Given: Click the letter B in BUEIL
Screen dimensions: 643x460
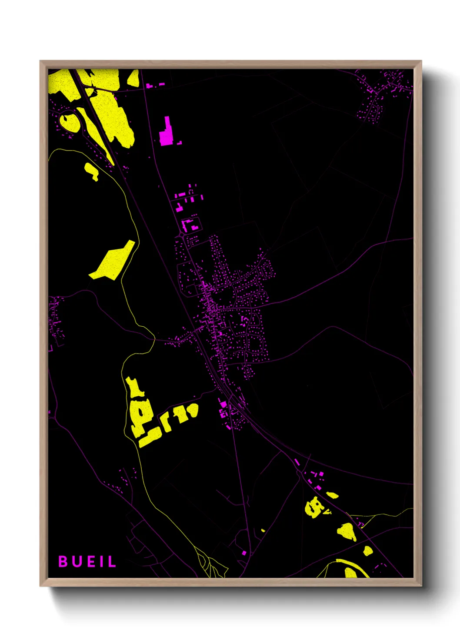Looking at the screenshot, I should (x=63, y=561).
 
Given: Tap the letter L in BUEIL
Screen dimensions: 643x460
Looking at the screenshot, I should (x=112, y=561).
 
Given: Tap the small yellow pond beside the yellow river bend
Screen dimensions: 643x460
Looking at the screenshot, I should (x=92, y=171).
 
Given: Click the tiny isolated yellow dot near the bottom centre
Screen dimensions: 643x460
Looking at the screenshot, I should (x=263, y=530).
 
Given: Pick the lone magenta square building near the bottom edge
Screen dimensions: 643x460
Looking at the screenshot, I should (x=244, y=553).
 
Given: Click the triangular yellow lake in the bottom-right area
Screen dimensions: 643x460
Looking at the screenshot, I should (x=346, y=531).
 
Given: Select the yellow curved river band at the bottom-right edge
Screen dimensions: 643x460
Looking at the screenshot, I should (x=352, y=566).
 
